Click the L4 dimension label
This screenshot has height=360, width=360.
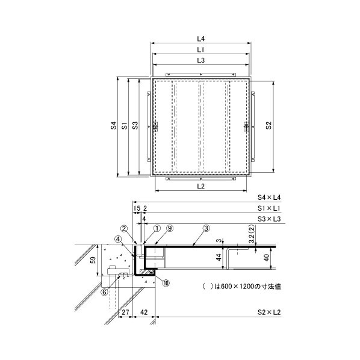coord(201,39)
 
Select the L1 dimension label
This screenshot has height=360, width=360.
coord(201,49)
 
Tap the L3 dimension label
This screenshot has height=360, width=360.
coord(201,60)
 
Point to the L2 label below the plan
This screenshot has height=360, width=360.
coord(201,186)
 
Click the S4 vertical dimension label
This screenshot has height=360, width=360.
coord(114,125)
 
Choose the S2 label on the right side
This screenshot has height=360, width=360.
coord(268,125)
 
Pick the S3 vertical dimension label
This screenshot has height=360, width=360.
coord(135,125)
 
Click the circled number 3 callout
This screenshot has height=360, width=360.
coord(206,228)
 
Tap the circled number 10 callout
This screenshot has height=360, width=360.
coord(166,283)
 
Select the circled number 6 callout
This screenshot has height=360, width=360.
coord(105,292)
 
